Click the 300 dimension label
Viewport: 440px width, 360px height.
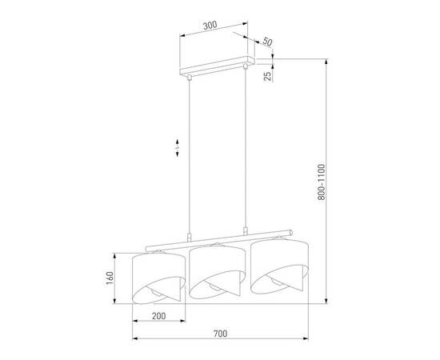click(210, 25)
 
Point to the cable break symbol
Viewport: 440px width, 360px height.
click(176, 148)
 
